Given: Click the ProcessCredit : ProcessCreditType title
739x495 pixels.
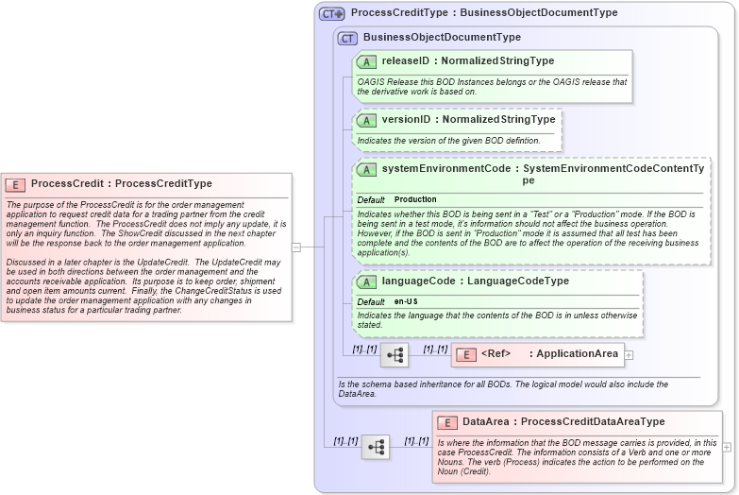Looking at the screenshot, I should coord(122,184).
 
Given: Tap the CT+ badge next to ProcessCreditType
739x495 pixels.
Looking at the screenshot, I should coord(331,13).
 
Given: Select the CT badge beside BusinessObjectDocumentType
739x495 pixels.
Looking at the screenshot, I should coord(347,38).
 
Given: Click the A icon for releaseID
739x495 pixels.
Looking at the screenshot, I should coord(366,61).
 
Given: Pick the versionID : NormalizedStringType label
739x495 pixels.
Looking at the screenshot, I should coord(468,120).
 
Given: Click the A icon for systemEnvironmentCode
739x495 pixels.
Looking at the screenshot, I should coord(366,169).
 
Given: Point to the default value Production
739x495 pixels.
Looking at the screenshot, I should coord(415,199).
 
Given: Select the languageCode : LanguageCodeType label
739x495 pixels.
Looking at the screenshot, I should coord(475,282).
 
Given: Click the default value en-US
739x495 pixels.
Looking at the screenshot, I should coord(406,301).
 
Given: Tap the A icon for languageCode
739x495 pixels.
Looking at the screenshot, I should coord(366,282).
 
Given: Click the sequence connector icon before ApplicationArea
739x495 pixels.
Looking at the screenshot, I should coord(395,355).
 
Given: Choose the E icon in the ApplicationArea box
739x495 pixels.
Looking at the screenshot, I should coord(465,355).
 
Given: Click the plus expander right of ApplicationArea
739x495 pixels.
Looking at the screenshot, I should coord(629,355).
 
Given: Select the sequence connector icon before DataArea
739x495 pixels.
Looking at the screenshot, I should coord(375,447).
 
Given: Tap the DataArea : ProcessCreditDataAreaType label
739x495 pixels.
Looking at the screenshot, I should coord(563,422).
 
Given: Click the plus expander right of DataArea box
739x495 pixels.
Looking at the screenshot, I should coord(727,447).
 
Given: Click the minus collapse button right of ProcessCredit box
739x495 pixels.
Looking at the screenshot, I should coord(296,247).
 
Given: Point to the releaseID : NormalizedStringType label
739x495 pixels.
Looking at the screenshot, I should coord(467,61).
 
